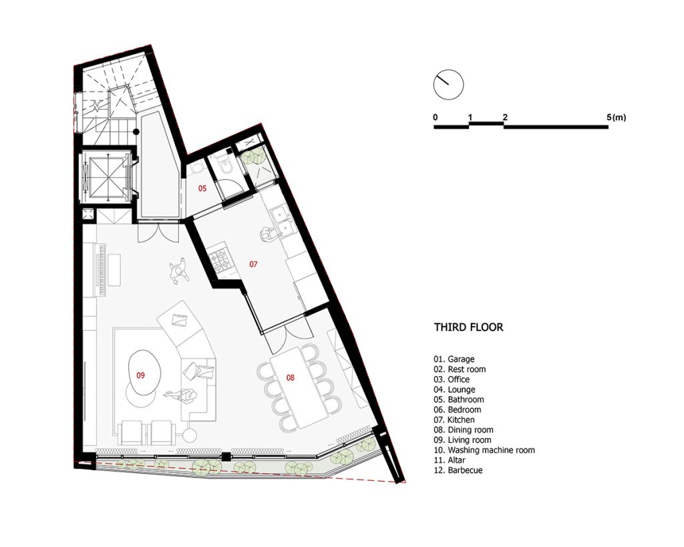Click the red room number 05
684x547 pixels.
202,188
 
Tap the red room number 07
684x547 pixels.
253,264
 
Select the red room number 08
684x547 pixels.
291,378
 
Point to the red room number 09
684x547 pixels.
140,375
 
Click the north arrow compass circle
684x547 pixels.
448,85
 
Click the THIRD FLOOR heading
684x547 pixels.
468,327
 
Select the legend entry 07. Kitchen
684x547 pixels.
454,419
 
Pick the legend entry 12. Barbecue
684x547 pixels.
458,470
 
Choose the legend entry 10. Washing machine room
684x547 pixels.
484,450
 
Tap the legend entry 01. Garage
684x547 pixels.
454,359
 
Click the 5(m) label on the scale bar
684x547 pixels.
616,117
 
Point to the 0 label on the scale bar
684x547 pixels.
436,118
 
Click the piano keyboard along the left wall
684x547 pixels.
104,270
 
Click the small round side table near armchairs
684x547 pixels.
190,435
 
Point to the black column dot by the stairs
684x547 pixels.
136,132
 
